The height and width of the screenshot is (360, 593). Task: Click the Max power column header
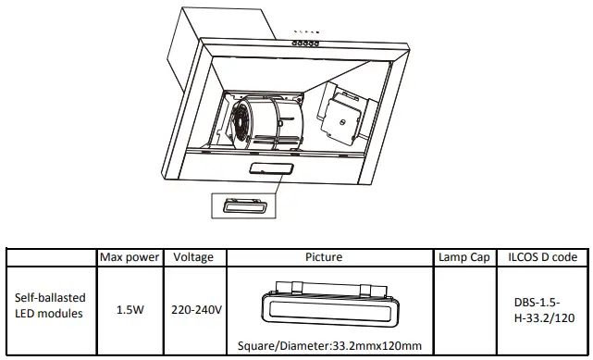pyautogui.click(x=130, y=257)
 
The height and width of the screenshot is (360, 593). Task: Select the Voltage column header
pyautogui.click(x=192, y=257)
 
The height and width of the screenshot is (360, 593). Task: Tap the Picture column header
pyautogui.click(x=329, y=257)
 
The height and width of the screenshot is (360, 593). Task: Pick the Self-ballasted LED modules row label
pyautogui.click(x=52, y=306)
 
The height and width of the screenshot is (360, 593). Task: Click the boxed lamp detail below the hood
pyautogui.click(x=244, y=206)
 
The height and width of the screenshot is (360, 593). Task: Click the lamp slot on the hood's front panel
pyautogui.click(x=271, y=168)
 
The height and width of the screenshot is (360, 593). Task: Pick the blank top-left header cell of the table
pyautogui.click(x=52, y=257)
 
